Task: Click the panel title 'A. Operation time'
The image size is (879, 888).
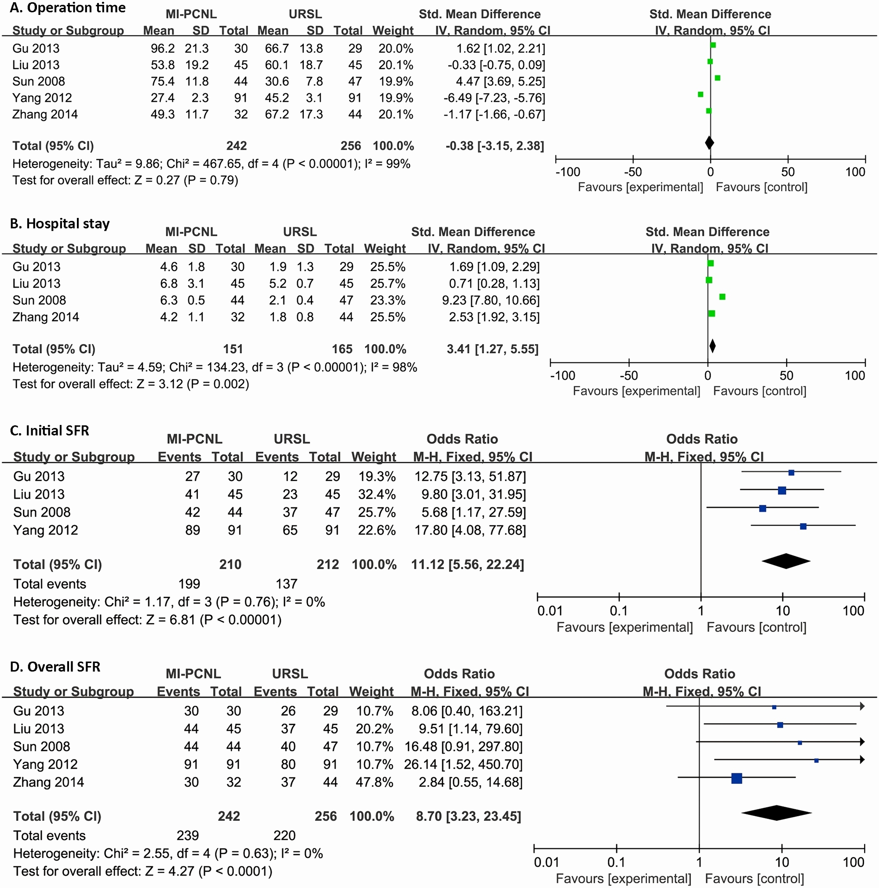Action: (x=68, y=8)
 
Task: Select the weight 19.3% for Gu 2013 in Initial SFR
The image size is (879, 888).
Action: (x=377, y=476)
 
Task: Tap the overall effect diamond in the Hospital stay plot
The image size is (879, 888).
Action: (x=712, y=346)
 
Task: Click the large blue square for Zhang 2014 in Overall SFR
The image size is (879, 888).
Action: (x=737, y=778)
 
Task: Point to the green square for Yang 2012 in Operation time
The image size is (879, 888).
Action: (x=700, y=94)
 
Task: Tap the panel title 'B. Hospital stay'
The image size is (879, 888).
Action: (x=60, y=224)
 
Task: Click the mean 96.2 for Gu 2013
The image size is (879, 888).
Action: (x=162, y=49)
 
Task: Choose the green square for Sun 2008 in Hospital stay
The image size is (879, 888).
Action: (x=722, y=297)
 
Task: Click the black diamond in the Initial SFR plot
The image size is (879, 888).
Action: (x=786, y=561)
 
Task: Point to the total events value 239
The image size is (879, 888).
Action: (x=188, y=835)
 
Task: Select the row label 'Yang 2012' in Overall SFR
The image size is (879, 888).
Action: (x=45, y=764)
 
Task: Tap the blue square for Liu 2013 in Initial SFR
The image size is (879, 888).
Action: (x=781, y=490)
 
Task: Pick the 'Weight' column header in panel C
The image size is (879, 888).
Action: (x=373, y=457)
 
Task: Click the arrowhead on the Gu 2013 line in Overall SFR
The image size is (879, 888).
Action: (x=862, y=707)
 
